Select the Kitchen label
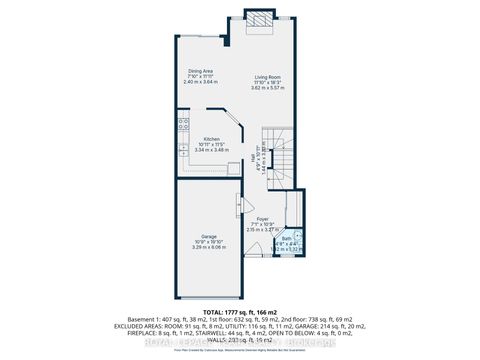click(x=212, y=139)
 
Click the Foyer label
click(x=261, y=219)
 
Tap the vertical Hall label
click(x=253, y=160)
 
